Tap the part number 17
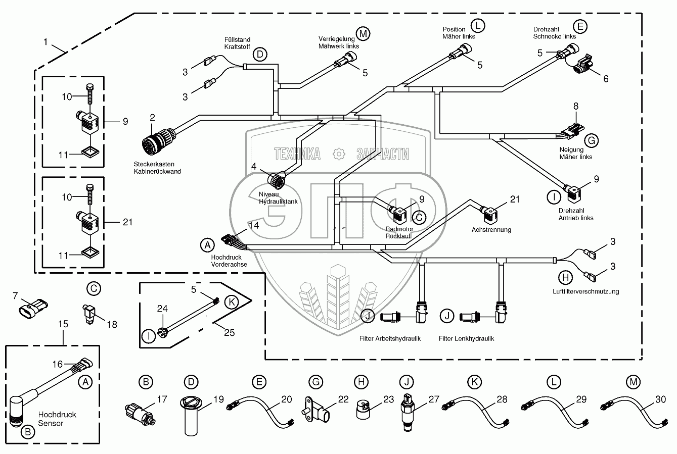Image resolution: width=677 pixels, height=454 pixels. click(162, 399)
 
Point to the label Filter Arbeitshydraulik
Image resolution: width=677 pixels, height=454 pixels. click(390, 338)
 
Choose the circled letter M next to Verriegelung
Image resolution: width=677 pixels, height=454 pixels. click(363, 33)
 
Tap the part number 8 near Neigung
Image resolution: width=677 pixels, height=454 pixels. click(575, 106)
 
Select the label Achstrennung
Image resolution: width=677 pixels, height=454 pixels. click(491, 230)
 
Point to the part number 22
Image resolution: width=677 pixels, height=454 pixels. click(343, 399)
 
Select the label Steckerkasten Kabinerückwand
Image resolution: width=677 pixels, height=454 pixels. click(157, 168)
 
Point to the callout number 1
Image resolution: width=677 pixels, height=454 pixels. click(46, 43)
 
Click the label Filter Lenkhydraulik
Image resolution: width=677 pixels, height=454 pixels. click(466, 338)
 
